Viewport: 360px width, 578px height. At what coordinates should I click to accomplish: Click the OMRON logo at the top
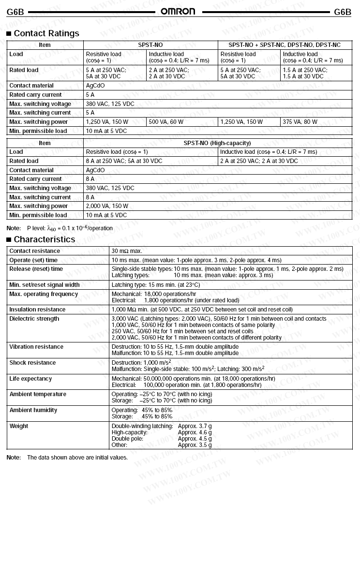(178, 12)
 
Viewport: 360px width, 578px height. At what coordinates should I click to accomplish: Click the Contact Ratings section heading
(46, 33)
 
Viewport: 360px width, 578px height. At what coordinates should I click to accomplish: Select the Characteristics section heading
(45, 239)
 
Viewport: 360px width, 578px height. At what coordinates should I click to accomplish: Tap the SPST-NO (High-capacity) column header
(217, 143)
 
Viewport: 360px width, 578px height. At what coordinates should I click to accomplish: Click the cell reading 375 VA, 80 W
(300, 122)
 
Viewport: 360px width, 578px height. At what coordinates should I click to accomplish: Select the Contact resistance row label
(35, 251)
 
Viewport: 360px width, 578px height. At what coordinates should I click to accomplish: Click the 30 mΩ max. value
(127, 251)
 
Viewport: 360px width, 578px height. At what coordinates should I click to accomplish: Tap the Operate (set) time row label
(33, 260)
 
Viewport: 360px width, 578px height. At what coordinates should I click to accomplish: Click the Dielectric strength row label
(34, 319)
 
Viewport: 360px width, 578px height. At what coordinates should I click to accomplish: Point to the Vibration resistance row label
(36, 347)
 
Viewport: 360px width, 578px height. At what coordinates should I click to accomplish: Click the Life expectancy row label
(31, 379)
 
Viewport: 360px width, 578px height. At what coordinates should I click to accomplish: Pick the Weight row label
(19, 426)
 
